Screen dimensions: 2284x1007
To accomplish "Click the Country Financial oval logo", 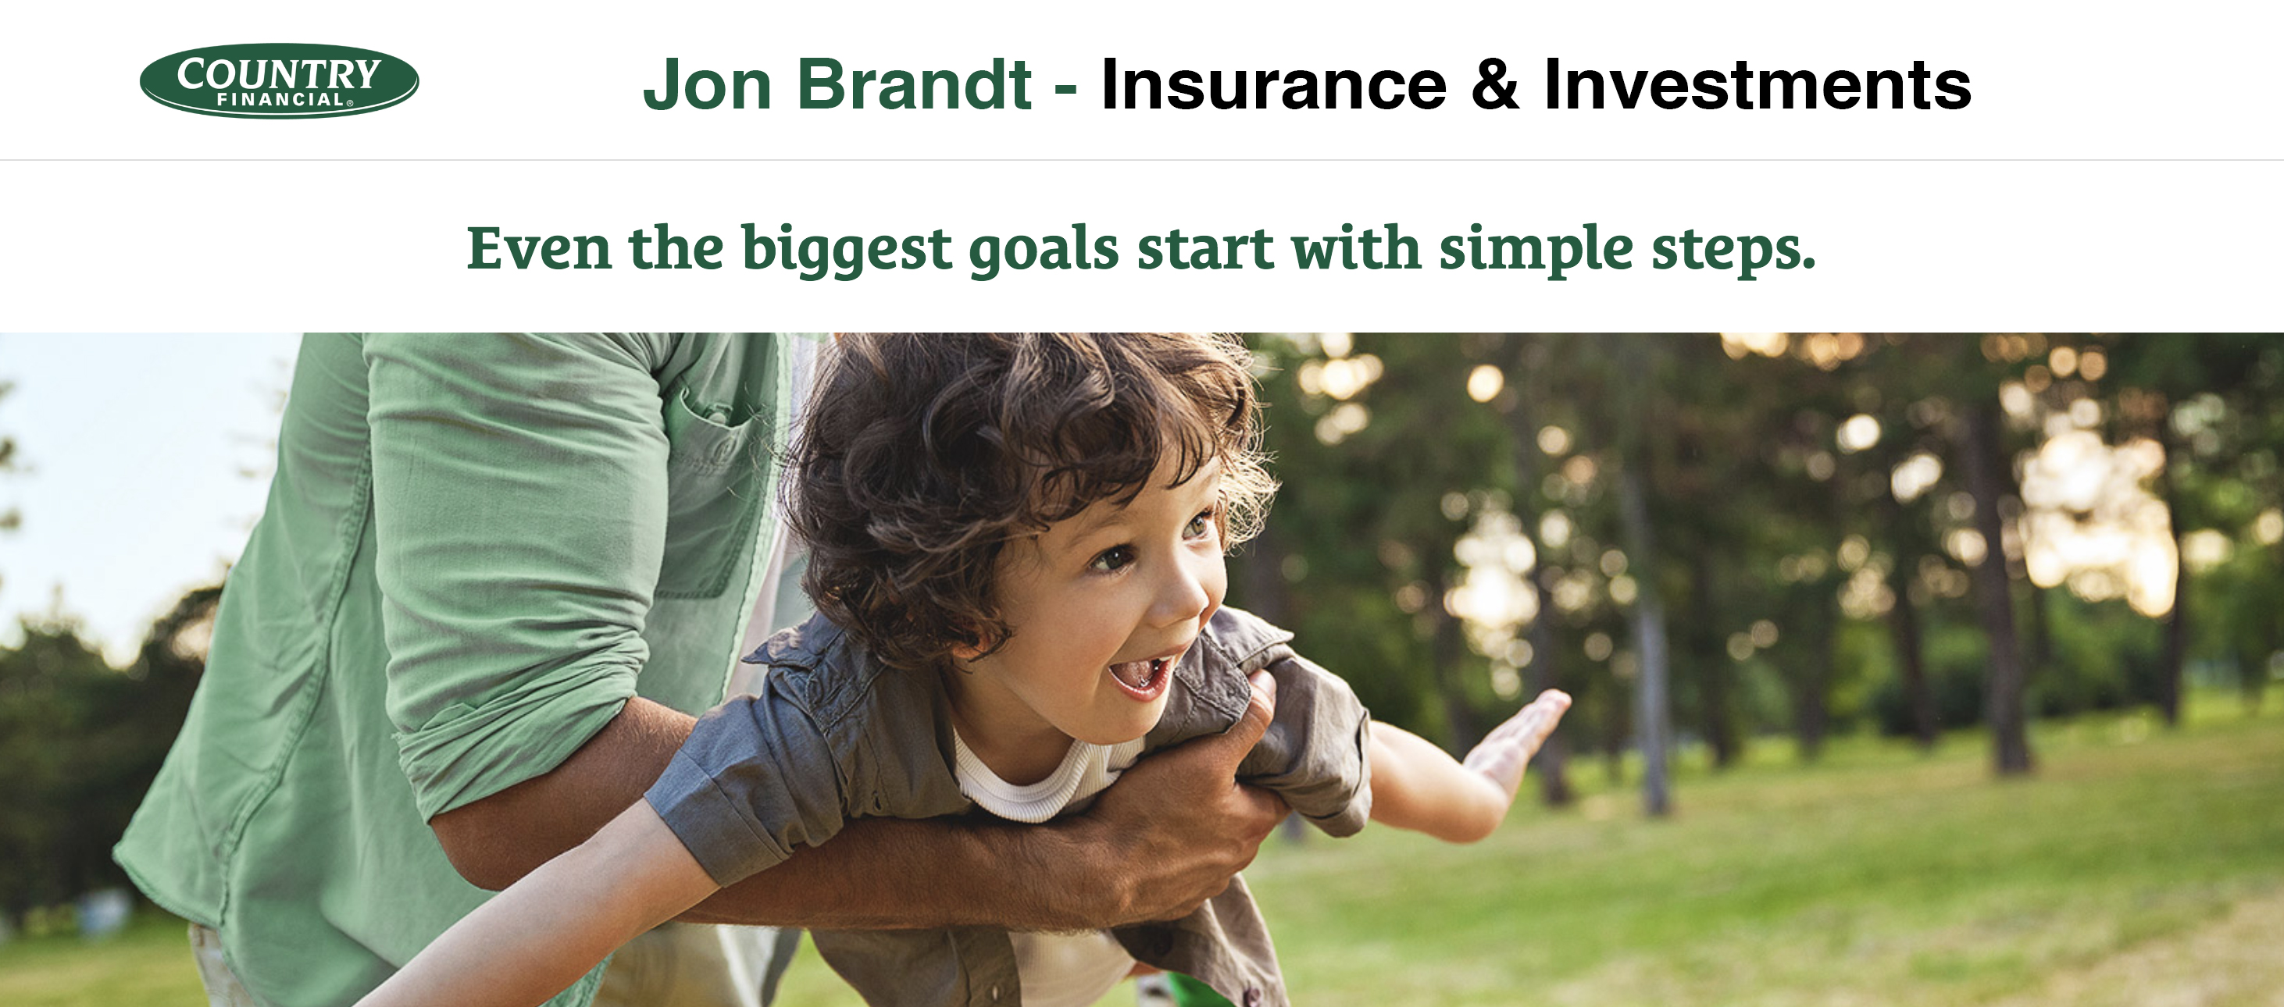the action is pos(280,80).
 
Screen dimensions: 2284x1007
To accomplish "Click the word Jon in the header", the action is pos(708,84).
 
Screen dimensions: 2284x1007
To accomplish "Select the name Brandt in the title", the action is pos(915,84).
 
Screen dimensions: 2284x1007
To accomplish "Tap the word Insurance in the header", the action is pos(1274,84).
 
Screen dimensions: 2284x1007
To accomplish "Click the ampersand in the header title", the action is pos(1496,84).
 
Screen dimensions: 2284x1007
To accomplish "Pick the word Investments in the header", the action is pos(1758,84).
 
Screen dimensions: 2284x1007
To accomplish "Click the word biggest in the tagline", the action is pos(847,250).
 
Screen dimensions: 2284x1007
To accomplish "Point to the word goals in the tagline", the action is pos(1044,250).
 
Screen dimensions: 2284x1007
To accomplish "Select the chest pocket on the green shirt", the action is pos(709,496).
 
